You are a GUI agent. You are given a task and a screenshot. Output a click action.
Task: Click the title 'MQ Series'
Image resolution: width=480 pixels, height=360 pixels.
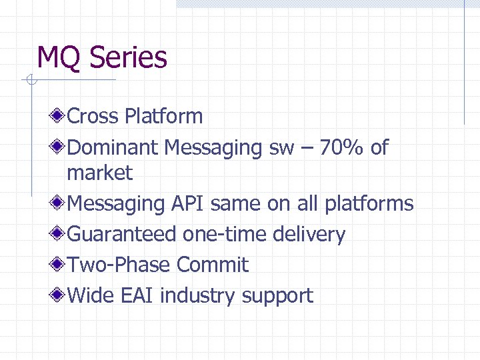[102, 57]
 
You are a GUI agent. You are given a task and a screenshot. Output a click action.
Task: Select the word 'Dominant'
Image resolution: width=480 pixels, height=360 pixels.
[113, 147]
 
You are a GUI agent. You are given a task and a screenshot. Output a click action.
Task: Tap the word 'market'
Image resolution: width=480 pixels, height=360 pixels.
[100, 173]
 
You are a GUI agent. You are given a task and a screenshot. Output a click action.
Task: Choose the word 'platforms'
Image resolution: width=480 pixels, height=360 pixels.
[369, 204]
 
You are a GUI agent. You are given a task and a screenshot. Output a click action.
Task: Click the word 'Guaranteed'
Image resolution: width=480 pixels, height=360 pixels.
[122, 234]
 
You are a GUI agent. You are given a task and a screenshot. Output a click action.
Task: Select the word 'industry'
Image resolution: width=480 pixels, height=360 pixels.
[199, 296]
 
